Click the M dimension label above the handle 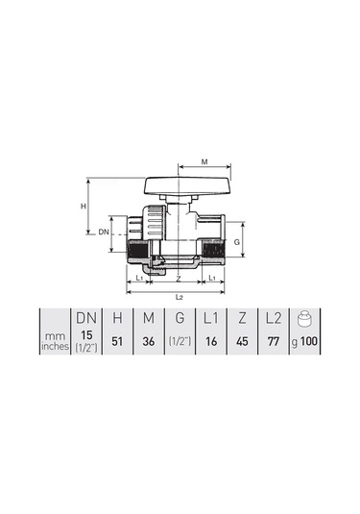coord(204,161)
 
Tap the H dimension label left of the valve coord(84,207)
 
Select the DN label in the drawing coord(104,233)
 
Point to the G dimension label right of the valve coord(237,242)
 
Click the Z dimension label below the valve coord(179,279)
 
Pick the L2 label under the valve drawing coord(179,297)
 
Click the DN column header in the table coord(86,318)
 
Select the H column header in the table coord(117,318)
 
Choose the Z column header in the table coord(242,318)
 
